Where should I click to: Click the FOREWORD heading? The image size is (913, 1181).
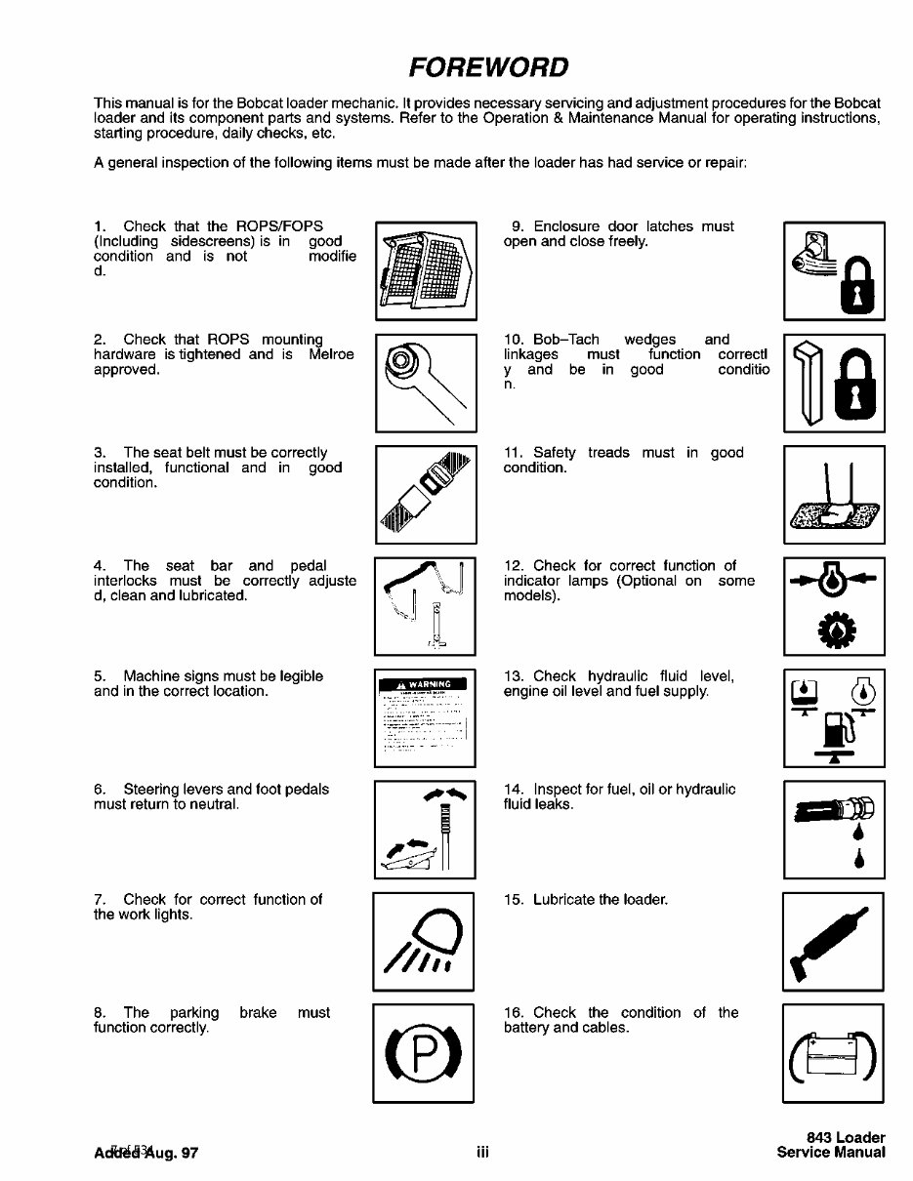point(488,67)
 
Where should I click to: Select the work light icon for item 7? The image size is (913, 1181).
point(425,942)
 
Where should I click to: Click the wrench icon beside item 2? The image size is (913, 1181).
point(425,383)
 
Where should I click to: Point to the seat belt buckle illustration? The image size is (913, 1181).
point(425,494)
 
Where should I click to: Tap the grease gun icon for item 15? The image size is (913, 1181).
point(833,942)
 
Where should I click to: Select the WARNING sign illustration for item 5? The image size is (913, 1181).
point(425,717)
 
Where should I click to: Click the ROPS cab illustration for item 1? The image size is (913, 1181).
point(425,270)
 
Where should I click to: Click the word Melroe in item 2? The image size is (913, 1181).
point(331,354)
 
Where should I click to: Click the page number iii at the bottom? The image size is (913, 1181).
point(481,1153)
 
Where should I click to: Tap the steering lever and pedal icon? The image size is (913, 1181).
point(425,829)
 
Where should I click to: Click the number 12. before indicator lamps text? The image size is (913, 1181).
point(516,565)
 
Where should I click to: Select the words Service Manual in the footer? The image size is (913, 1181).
point(831,1153)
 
